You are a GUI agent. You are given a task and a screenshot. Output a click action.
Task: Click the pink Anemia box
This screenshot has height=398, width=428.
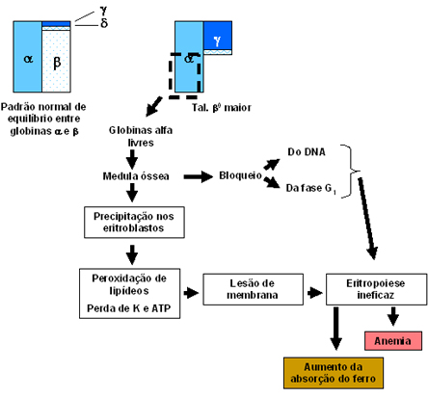(393, 340)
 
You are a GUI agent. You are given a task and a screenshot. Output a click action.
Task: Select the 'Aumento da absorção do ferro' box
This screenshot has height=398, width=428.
(334, 373)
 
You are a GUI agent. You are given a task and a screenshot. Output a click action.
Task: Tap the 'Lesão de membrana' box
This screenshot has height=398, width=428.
(253, 289)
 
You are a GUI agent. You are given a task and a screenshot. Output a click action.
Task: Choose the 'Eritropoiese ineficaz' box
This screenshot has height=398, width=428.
(376, 289)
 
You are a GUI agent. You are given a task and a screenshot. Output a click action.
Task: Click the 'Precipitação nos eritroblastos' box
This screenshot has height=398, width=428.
(134, 222)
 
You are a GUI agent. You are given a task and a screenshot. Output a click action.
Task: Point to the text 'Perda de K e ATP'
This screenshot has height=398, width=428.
(129, 308)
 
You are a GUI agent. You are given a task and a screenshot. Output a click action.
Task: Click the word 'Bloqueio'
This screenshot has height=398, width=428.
(240, 175)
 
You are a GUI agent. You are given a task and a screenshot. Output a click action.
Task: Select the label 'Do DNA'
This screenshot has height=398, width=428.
(307, 151)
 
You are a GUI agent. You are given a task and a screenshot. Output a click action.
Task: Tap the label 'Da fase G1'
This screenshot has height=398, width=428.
(310, 189)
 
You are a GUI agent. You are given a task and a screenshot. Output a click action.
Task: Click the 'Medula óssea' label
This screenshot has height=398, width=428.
(136, 176)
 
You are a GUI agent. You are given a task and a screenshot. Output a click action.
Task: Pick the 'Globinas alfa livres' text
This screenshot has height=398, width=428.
(141, 136)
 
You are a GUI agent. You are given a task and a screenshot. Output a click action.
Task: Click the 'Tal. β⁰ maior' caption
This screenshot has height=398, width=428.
(222, 107)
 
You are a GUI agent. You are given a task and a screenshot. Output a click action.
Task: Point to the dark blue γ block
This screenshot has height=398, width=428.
(218, 36)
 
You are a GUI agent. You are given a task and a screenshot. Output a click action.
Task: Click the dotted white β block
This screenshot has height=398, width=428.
(56, 61)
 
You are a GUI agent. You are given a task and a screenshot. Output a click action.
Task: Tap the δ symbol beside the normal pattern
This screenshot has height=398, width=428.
(104, 23)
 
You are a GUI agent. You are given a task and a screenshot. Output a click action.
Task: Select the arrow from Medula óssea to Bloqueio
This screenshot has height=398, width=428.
(199, 176)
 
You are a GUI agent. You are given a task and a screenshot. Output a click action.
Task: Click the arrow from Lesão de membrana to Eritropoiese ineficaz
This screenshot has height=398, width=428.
(315, 293)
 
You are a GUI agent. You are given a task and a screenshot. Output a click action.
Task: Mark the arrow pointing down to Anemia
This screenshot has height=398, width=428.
(393, 316)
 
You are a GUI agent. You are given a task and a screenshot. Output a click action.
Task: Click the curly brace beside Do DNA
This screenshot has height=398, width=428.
(350, 171)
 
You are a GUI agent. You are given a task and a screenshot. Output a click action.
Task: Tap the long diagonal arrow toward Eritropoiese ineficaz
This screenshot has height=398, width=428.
(366, 219)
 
